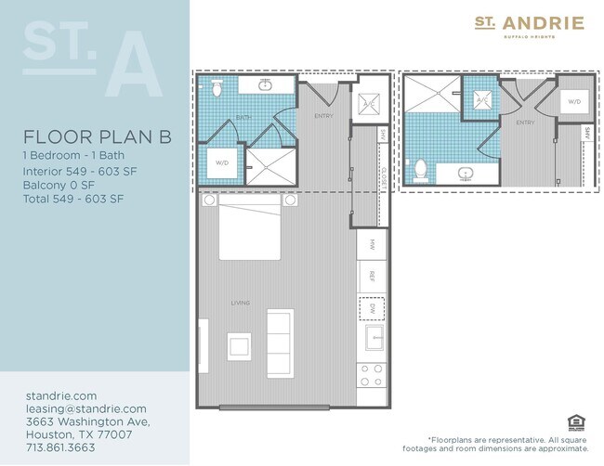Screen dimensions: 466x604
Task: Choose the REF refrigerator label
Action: [371, 276]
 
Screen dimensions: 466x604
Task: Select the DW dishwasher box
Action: [371, 307]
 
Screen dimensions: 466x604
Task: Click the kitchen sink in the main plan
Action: [373, 339]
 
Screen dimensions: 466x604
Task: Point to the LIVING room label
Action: [241, 302]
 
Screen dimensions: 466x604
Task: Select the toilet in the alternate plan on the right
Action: [421, 170]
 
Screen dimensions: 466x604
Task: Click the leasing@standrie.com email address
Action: [86, 408]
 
